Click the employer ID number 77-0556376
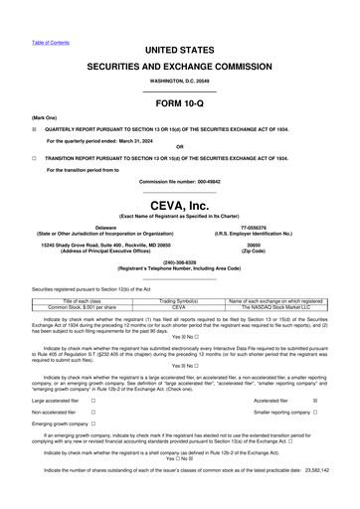click(x=253, y=227)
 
